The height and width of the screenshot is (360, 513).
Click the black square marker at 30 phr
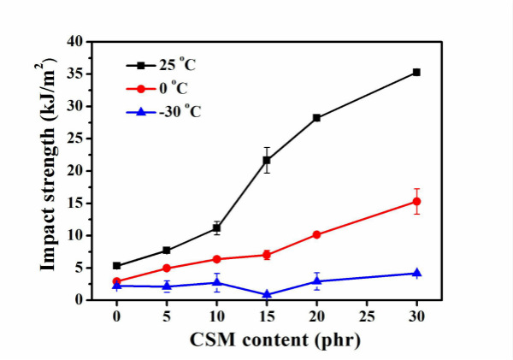[416, 72]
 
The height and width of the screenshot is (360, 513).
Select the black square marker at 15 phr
[267, 160]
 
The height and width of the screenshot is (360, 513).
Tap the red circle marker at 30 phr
[416, 202]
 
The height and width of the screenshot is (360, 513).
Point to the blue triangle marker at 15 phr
[267, 294]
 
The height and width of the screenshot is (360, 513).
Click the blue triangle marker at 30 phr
[416, 273]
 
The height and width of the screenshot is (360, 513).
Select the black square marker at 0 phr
[116, 265]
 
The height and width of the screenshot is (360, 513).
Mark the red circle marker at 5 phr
[167, 269]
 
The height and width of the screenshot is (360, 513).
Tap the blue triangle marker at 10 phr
[216, 282]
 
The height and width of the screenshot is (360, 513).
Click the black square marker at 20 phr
[316, 117]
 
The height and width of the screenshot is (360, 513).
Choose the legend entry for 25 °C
[164, 63]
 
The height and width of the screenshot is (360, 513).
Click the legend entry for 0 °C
[164, 86]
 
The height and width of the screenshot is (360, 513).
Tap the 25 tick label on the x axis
[366, 316]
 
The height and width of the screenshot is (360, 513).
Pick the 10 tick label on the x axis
[216, 316]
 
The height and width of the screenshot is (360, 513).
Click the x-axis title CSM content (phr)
[266, 339]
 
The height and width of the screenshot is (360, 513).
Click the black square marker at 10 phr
[216, 228]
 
